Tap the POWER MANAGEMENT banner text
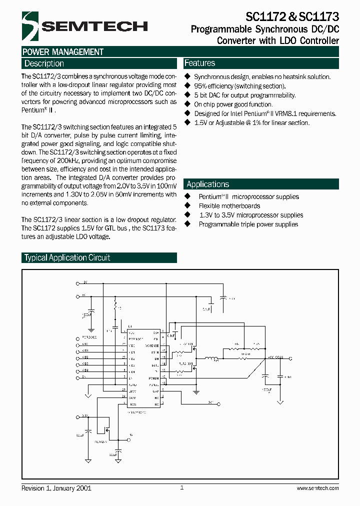[63, 52]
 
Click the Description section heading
[44, 63]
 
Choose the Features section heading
[200, 63]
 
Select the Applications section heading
[207, 184]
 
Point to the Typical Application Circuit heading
[67, 257]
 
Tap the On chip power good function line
[233, 104]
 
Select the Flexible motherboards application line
[229, 206]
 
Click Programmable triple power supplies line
[248, 224]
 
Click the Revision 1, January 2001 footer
[56, 488]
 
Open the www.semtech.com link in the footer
[317, 488]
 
